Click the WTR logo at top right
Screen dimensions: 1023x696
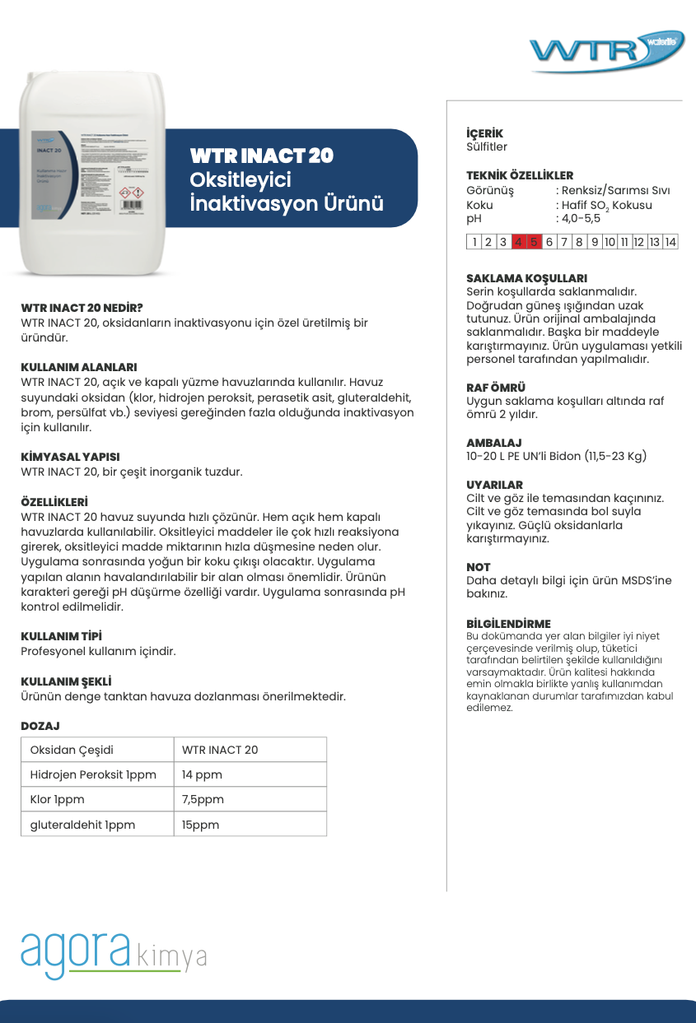606,52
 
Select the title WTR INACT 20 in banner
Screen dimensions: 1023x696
261,156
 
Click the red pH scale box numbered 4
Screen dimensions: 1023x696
518,242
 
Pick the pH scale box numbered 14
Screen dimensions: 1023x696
670,242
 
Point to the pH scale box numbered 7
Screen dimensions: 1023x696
564,242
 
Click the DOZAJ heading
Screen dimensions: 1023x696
40,726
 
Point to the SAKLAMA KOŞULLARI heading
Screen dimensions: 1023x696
526,278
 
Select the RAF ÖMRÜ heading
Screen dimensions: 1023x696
496,387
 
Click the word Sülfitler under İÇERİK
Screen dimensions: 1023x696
487,147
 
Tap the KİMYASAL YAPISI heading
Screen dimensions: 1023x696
70,457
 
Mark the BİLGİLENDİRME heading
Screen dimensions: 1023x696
508,624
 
